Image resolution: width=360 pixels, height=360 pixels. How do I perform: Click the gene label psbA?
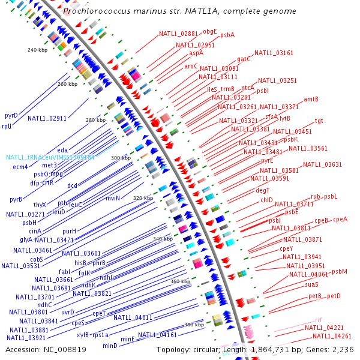[x=227, y=35]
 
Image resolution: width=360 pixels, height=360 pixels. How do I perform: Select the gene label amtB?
[x=311, y=99]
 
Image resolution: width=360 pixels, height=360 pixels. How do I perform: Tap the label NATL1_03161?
[x=274, y=53]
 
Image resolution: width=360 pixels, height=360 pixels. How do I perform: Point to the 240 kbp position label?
[x=37, y=50]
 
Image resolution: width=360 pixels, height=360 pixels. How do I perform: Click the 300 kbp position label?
[x=121, y=157]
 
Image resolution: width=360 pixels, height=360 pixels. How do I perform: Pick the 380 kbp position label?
[x=194, y=325]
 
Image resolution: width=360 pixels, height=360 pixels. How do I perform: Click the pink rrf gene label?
[x=318, y=320]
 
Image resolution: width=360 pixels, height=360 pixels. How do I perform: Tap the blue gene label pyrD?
[x=11, y=115]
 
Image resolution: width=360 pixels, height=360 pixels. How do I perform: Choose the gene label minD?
[x=110, y=346]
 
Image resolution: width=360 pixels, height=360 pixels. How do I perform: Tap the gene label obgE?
[x=210, y=31]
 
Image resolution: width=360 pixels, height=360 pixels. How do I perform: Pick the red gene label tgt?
[x=319, y=121]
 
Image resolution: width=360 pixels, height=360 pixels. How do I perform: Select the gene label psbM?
[x=340, y=271]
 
